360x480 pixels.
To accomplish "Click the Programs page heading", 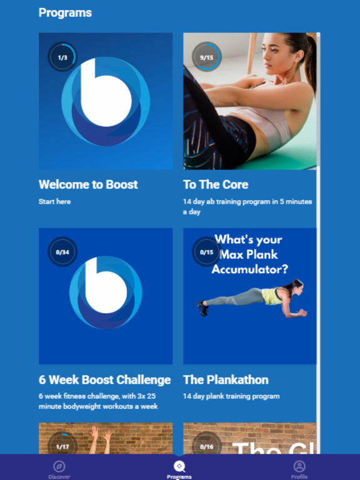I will click(65, 12).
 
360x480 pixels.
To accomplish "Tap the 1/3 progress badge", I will click(62, 57).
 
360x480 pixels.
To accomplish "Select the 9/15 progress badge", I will click(206, 57).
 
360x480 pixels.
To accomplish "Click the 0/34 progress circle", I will click(62, 252).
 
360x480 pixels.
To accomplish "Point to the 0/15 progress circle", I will click(206, 252).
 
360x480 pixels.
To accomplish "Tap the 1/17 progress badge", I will click(62, 446).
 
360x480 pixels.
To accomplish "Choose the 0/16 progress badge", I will click(206, 446).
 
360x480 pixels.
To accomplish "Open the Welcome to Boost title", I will click(88, 184).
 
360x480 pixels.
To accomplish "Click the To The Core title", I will click(216, 184).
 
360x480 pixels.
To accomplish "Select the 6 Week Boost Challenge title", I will click(104, 379).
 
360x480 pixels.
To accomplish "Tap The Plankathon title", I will click(226, 379).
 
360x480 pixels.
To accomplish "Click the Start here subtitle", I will click(54, 202).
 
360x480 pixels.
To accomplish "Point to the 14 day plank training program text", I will click(231, 396).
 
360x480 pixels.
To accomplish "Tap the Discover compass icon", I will click(59, 466).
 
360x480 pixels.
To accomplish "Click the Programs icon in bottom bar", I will click(179, 466).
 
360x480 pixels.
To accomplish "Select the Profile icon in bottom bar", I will click(299, 466).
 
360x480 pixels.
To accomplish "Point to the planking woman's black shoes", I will click(202, 307).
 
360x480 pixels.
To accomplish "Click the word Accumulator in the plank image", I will click(250, 269).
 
